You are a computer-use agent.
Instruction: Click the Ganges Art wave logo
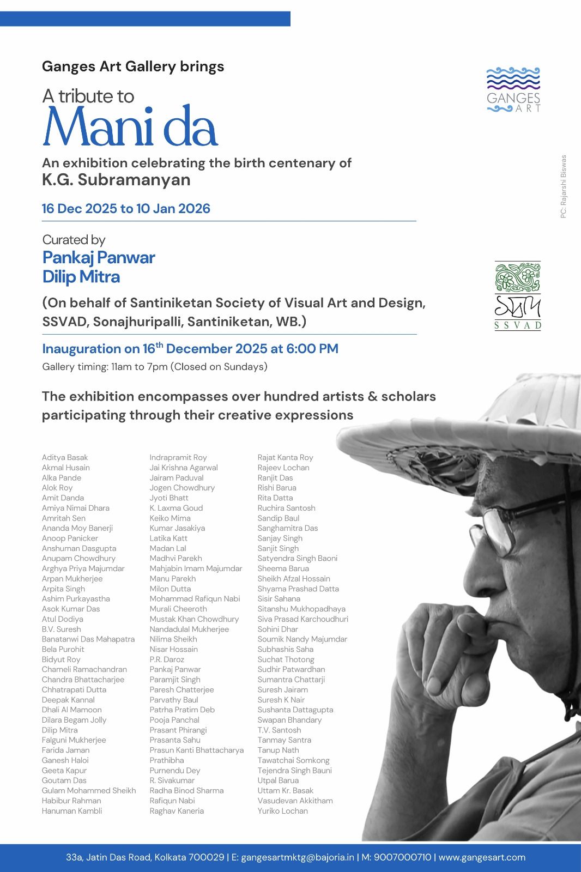[513, 89]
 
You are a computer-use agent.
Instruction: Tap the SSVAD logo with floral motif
[517, 295]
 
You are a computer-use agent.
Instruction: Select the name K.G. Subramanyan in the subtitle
[116, 180]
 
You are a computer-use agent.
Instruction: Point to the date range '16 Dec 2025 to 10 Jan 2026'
[126, 209]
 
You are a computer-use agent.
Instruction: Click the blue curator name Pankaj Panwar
[99, 257]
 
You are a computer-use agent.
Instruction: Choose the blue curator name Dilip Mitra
[81, 277]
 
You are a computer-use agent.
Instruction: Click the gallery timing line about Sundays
[154, 367]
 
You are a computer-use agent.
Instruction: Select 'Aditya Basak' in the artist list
[65, 458]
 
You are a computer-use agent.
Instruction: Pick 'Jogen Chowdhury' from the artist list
[182, 488]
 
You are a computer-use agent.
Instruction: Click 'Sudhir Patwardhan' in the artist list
[291, 669]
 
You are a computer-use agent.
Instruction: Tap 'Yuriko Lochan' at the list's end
[282, 811]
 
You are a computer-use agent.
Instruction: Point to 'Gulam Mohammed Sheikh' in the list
[89, 791]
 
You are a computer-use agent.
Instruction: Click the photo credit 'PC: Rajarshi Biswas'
[564, 187]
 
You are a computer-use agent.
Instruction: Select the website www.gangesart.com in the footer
[482, 857]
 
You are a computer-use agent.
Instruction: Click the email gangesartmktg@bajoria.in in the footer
[298, 857]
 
